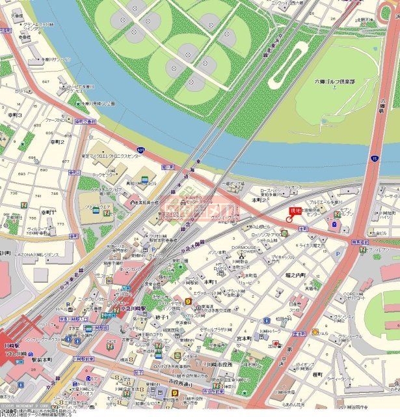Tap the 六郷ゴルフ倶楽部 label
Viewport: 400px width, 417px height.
pyautogui.click(x=336, y=81)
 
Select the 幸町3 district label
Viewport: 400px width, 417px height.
pyautogui.click(x=14, y=115)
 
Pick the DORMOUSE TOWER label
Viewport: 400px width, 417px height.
pyautogui.click(x=243, y=250)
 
